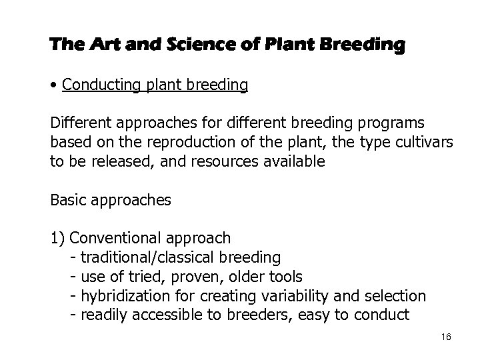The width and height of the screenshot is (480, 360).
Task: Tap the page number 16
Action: click(x=446, y=337)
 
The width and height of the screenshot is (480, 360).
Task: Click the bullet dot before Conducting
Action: click(x=53, y=86)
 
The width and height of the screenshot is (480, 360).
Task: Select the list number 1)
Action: click(x=57, y=238)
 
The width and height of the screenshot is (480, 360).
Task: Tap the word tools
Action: click(x=285, y=276)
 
